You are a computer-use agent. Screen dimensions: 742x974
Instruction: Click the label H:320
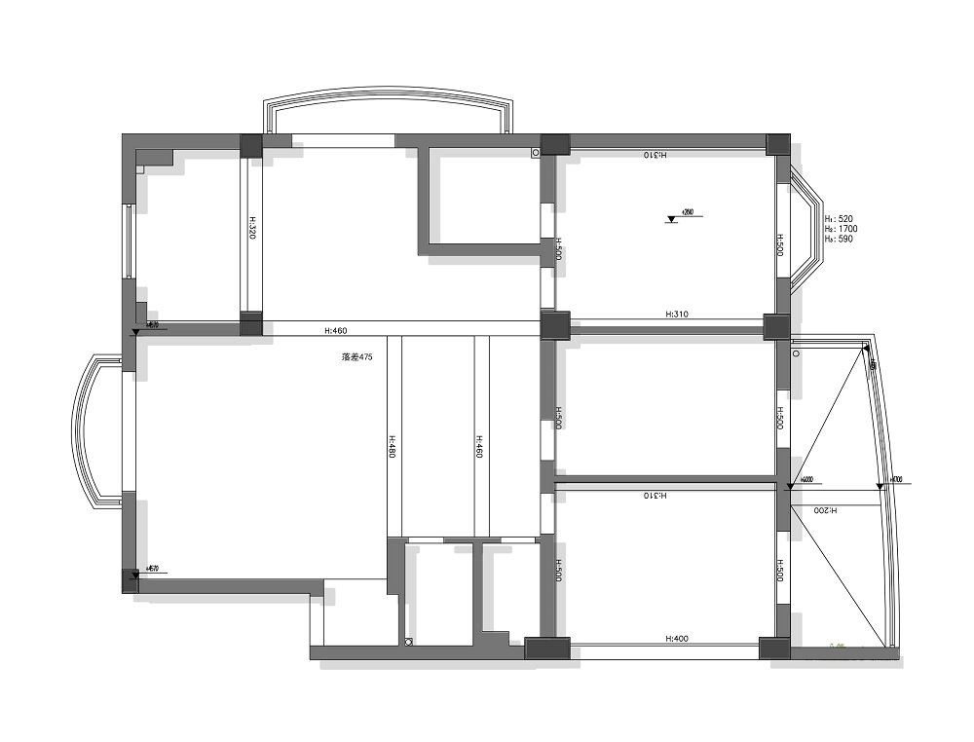click(x=251, y=230)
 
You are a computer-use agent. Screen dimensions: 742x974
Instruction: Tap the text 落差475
click(x=357, y=357)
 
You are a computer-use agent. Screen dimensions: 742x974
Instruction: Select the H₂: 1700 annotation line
click(x=841, y=229)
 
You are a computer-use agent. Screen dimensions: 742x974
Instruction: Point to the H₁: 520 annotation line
click(x=839, y=219)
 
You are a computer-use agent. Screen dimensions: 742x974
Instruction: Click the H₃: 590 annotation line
click(x=839, y=239)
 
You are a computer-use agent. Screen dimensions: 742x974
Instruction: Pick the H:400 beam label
click(x=677, y=639)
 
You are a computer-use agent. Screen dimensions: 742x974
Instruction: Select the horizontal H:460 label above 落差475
click(x=335, y=332)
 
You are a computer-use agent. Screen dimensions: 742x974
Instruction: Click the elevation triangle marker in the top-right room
click(x=671, y=219)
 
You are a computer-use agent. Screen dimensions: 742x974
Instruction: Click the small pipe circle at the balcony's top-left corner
click(x=796, y=354)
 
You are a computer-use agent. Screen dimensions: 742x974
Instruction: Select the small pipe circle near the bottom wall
click(x=409, y=641)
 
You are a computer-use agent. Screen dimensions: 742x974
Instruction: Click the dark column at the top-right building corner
click(x=778, y=144)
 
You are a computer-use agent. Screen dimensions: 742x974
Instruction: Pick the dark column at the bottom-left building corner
click(x=130, y=580)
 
